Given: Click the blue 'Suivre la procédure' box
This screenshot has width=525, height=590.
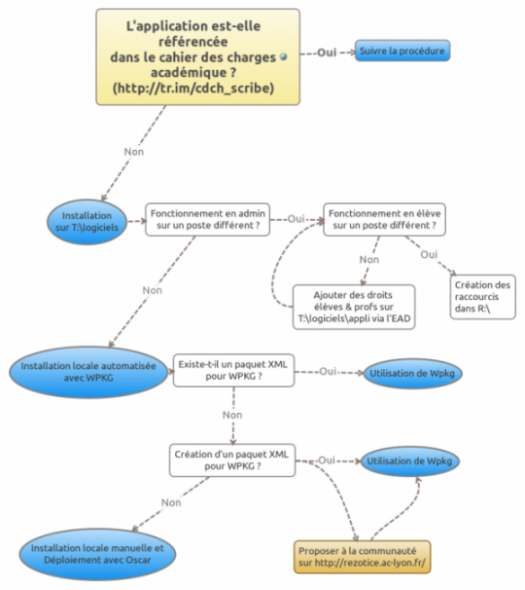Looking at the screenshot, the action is (402, 51).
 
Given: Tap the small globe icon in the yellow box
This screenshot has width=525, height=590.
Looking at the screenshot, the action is (283, 56).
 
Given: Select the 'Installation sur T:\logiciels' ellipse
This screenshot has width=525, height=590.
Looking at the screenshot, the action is (87, 222).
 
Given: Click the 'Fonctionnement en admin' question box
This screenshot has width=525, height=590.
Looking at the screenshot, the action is (207, 220).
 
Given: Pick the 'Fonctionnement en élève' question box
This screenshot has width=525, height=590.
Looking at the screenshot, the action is (384, 220).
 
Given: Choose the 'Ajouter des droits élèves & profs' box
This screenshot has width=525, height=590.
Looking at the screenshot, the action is (354, 307).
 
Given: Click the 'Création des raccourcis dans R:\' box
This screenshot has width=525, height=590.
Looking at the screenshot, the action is (483, 297).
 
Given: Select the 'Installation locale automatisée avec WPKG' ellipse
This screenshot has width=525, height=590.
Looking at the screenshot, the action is (88, 372).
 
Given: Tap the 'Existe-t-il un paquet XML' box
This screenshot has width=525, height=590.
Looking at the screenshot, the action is (233, 370).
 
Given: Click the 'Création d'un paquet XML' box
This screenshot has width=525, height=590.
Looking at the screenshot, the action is (232, 461).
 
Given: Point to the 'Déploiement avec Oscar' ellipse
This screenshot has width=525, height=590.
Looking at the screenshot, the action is (97, 554).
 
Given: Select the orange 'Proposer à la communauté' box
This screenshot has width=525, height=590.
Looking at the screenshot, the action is (363, 557).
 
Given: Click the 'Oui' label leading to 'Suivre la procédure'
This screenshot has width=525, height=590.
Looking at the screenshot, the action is (327, 53).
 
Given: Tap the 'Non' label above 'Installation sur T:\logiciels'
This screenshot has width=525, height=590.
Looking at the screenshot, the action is (134, 152).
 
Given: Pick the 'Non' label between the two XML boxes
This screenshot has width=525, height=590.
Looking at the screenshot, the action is (232, 415).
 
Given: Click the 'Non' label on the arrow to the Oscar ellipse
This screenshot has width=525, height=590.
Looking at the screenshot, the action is (171, 502).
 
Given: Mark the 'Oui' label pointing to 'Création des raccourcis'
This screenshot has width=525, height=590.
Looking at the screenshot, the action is (429, 255).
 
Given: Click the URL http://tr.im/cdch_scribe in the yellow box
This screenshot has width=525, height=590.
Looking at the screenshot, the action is (193, 88).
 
